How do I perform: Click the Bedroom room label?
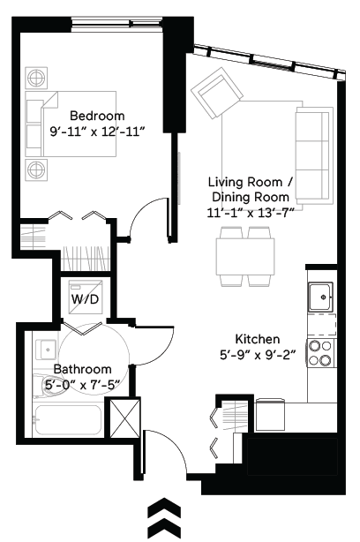(97, 116)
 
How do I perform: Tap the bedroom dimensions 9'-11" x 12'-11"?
(97, 132)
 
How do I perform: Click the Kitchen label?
(258, 339)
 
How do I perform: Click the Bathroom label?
(83, 369)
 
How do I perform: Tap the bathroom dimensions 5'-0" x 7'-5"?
(83, 384)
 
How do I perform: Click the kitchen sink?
(322, 297)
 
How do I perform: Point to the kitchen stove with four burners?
(320, 353)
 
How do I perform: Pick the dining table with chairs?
(244, 256)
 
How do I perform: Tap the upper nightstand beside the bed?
(35, 76)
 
